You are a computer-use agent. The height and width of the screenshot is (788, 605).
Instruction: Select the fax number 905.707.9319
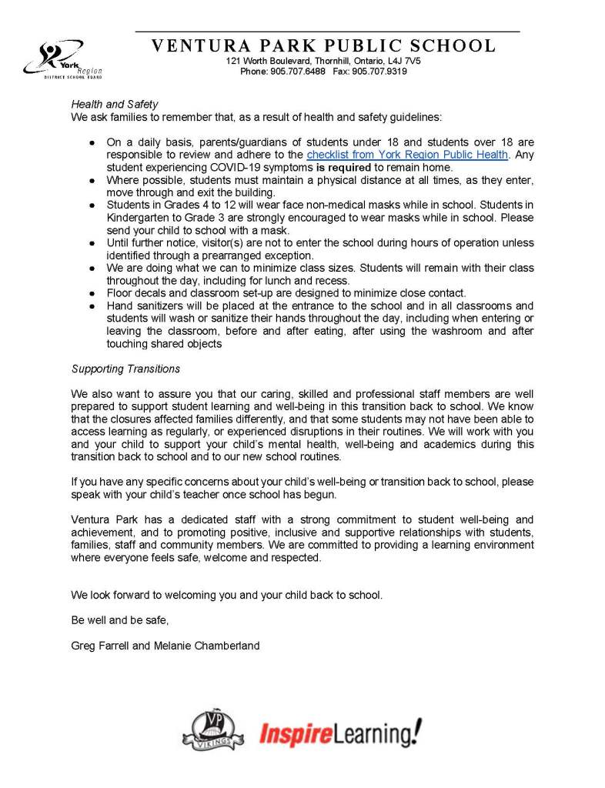point(379,71)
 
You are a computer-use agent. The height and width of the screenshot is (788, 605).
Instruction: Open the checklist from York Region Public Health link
point(407,155)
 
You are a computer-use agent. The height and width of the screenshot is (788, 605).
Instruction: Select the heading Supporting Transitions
point(125,369)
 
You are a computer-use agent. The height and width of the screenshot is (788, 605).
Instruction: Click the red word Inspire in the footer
point(296,734)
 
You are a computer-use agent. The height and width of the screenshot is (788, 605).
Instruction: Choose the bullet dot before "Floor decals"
point(92,293)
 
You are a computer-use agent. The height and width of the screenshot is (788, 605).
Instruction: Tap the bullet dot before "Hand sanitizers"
point(92,306)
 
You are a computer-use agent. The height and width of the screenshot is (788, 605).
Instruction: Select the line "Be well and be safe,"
point(119,620)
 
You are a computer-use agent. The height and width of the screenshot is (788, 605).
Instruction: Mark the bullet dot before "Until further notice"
point(92,243)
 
